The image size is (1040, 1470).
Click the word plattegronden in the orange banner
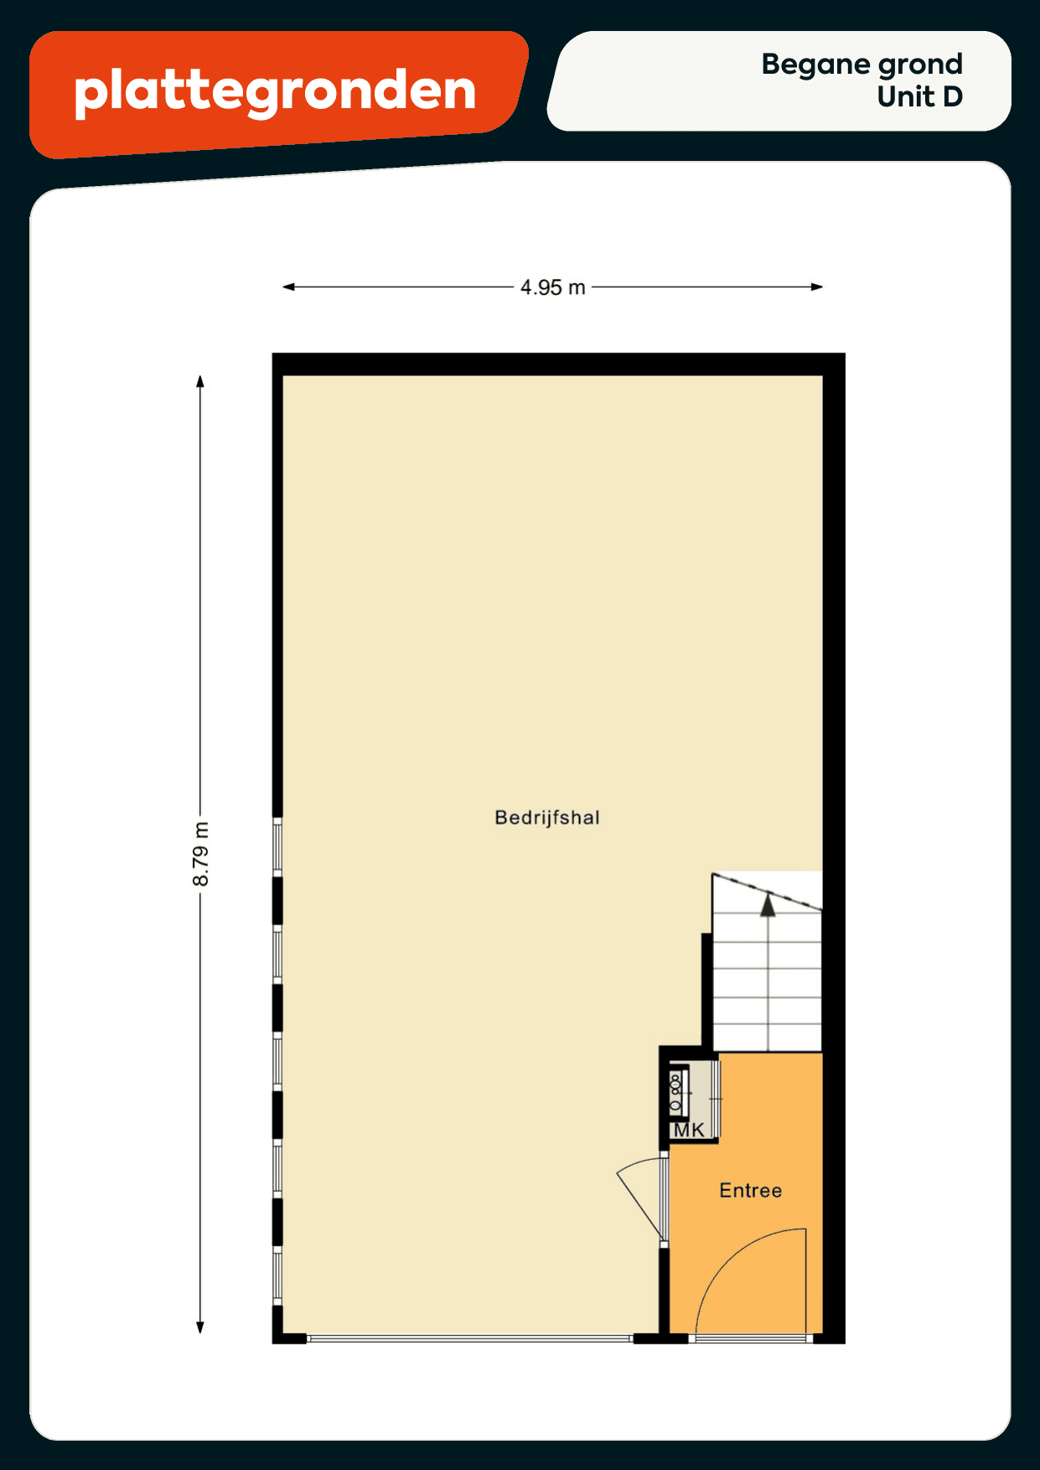[276, 91]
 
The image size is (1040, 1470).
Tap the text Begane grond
[861, 65]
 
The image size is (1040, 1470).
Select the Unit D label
[919, 97]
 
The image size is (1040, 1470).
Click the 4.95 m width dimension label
[552, 287]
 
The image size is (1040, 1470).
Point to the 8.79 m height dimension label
[200, 854]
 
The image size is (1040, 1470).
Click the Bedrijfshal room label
[547, 817]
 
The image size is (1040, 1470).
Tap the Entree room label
[751, 1190]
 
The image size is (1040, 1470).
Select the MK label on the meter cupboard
[689, 1130]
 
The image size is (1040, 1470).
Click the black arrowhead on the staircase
[768, 905]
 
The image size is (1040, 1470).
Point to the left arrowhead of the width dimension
[288, 287]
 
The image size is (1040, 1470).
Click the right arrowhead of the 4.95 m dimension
[817, 287]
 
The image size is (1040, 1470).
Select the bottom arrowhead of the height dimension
[200, 1327]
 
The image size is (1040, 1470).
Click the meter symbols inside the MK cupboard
[676, 1092]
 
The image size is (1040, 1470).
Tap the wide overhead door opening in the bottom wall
[470, 1338]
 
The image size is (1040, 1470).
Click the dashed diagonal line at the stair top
[767, 891]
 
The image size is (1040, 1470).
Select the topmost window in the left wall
[277, 846]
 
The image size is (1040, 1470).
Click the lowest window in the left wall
[277, 1276]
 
